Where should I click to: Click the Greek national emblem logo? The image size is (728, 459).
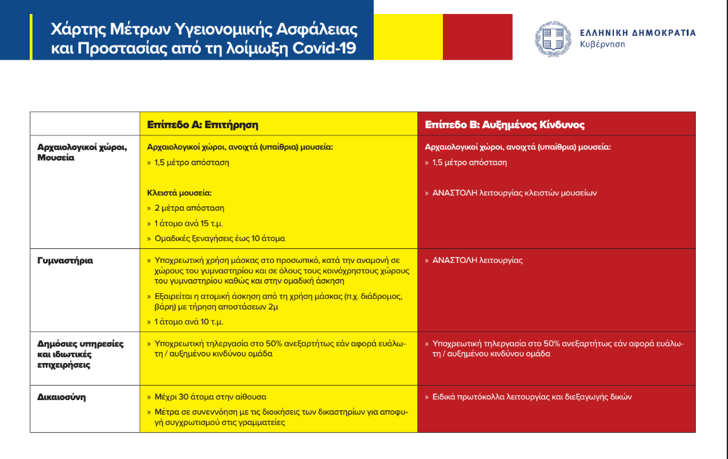pyautogui.click(x=552, y=38)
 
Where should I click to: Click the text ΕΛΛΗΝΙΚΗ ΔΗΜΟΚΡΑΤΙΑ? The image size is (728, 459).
pyautogui.click(x=638, y=33)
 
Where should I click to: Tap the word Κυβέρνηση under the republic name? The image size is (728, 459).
pyautogui.click(x=602, y=45)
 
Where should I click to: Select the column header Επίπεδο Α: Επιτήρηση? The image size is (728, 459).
pyautogui.click(x=203, y=125)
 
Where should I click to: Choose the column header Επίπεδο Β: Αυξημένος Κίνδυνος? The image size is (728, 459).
pyautogui.click(x=504, y=125)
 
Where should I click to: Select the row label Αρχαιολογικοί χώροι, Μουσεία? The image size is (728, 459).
pyautogui.click(x=82, y=152)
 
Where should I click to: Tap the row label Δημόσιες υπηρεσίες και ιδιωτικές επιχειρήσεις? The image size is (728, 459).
pyautogui.click(x=80, y=355)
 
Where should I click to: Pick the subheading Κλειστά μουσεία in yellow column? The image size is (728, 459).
pyautogui.click(x=180, y=193)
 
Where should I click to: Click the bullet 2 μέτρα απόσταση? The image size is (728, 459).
pyautogui.click(x=189, y=208)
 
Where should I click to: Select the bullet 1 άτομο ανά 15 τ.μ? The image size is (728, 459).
pyautogui.click(x=189, y=223)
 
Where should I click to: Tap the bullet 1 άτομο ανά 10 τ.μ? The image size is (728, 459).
pyautogui.click(x=189, y=322)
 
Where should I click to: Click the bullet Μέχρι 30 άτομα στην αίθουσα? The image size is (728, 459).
pyautogui.click(x=210, y=397)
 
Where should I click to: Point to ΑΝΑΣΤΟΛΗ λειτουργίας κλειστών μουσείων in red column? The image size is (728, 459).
pyautogui.click(x=514, y=193)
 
